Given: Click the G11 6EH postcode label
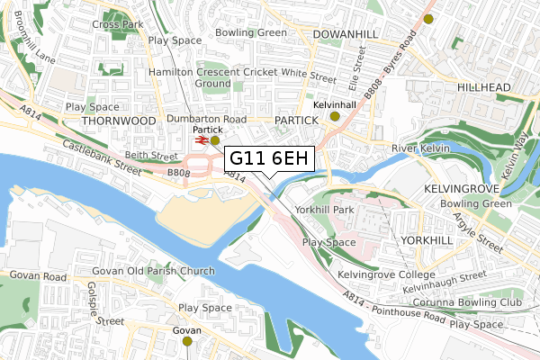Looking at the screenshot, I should click(269, 158).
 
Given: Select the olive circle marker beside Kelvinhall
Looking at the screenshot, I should click(335, 116).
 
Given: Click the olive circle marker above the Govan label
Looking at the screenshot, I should click(187, 341).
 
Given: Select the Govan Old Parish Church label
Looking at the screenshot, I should click(154, 272).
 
